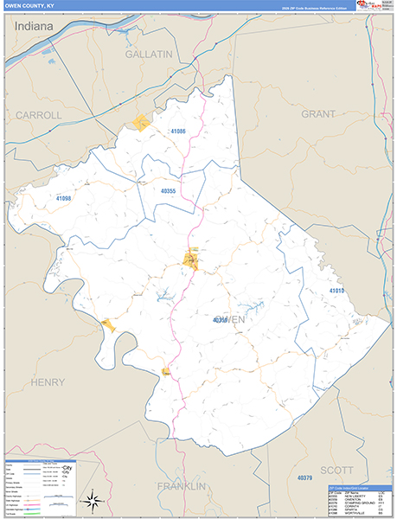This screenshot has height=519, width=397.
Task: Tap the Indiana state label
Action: tap(34, 27)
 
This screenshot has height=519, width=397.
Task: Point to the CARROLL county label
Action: tap(39, 114)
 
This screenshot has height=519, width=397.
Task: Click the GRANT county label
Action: tap(317, 113)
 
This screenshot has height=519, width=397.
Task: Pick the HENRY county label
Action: tap(47, 381)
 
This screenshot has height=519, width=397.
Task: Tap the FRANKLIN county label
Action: tap(182, 486)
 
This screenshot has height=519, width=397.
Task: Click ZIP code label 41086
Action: tap(177, 131)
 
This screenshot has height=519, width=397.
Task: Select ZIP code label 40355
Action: tap(169, 191)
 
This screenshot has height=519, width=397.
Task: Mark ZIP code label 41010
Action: tap(336, 291)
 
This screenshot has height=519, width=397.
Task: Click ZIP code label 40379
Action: tap(304, 478)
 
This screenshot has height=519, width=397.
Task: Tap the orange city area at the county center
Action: tap(190, 258)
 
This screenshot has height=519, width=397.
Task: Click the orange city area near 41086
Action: tap(141, 122)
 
